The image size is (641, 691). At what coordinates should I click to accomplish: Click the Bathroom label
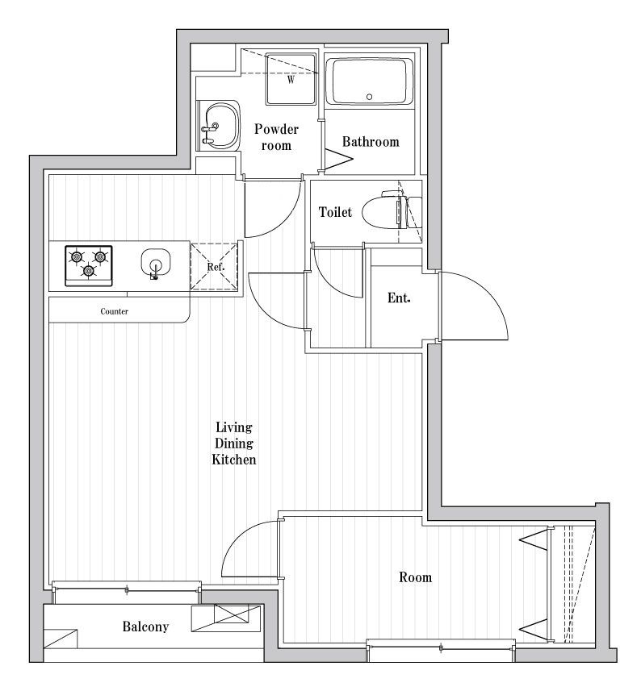371,141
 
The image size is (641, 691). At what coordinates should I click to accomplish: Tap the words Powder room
276,137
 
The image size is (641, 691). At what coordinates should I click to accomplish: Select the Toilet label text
335,212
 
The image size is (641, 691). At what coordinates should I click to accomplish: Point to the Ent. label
399,298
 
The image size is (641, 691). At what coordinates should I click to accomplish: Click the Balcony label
145,626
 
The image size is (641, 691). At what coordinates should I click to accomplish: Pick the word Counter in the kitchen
115,311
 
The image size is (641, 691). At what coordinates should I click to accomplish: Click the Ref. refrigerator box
215,266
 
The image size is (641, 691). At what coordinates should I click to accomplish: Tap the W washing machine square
291,79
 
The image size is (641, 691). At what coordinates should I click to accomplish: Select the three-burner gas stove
89,266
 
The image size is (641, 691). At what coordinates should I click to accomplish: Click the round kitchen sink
156,263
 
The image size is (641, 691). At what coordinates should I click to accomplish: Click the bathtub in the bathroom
369,81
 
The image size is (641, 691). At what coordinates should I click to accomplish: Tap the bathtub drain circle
369,97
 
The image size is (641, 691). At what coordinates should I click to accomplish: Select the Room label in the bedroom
415,577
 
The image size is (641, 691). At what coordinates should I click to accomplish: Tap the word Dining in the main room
234,443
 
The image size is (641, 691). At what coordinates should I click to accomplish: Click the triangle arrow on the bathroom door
339,159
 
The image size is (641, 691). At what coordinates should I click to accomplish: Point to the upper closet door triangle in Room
534,539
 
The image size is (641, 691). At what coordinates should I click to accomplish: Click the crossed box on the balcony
231,614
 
